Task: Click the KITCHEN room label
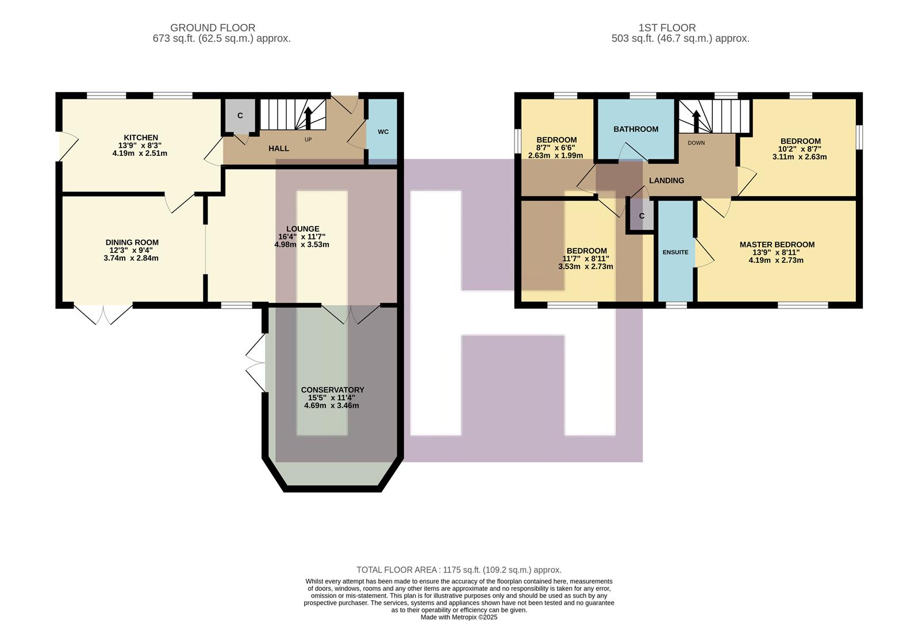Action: point(141,137)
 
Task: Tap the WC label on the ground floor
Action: point(383,132)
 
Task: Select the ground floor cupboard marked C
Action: point(240,116)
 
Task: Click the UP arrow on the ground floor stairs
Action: point(308,118)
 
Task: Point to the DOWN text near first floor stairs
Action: point(696,143)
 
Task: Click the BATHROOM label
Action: point(635,129)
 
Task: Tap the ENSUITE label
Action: point(675,252)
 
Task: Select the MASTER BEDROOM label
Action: point(777,244)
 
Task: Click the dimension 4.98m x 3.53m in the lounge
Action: point(302,244)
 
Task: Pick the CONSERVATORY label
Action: point(332,390)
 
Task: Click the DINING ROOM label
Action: point(132,243)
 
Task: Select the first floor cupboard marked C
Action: point(642,216)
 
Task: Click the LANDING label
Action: point(666,181)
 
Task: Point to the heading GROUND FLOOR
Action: point(213,28)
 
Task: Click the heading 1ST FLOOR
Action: point(667,28)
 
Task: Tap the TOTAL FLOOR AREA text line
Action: point(459,570)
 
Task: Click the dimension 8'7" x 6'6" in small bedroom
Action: point(555,148)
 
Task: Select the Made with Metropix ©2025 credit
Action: point(459,617)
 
